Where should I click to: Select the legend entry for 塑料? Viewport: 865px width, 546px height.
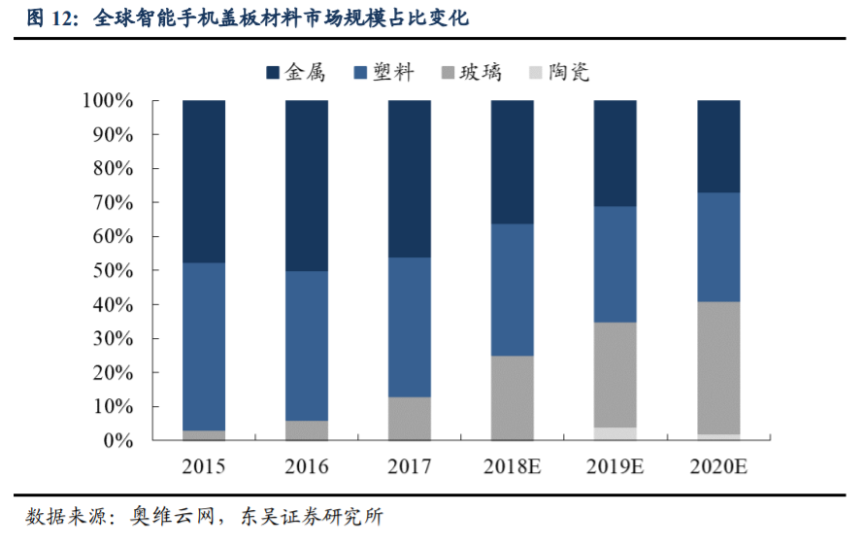point(385,72)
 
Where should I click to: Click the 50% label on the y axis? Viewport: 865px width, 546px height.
point(113,271)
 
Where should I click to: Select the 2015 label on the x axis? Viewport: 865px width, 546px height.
point(204,467)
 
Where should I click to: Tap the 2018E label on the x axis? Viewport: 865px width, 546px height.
point(512,467)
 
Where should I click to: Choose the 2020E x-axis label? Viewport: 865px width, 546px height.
point(718,467)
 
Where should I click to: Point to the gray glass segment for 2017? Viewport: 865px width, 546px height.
point(410,419)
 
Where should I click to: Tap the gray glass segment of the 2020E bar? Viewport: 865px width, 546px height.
point(718,367)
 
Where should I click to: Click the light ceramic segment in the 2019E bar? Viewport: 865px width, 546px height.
point(615,434)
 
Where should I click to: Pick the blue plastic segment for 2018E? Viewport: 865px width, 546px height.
point(513,290)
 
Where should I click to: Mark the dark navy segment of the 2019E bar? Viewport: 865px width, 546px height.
point(615,154)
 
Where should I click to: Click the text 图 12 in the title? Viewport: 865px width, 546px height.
point(50,17)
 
